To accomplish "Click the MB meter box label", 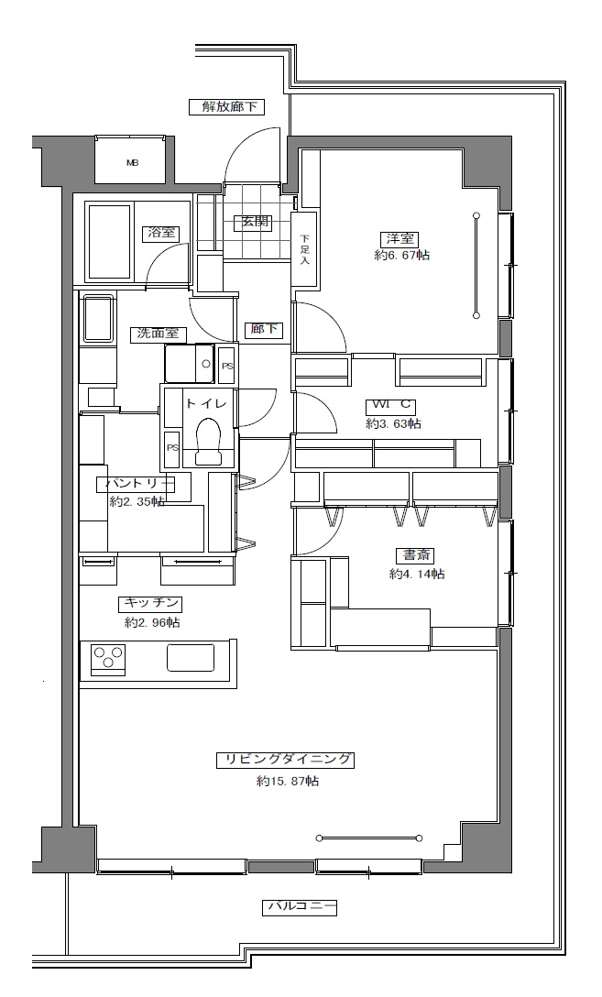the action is (x=132, y=163).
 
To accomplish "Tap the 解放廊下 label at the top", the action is (x=227, y=107).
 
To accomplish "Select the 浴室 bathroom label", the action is (x=161, y=233).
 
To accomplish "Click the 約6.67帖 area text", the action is (x=401, y=255).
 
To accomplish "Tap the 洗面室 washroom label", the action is (x=159, y=334).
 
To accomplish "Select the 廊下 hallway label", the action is (x=265, y=329).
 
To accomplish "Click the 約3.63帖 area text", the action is (x=393, y=423).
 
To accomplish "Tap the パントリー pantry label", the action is (x=136, y=484).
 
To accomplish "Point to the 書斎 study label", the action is (x=416, y=555).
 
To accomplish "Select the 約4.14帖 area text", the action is (x=416, y=575).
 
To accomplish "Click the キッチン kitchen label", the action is (x=150, y=603).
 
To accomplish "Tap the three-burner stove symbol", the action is (x=108, y=658).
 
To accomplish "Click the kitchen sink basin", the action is (x=191, y=657).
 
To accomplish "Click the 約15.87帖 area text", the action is (x=288, y=781).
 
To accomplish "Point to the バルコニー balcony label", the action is (x=300, y=907).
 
